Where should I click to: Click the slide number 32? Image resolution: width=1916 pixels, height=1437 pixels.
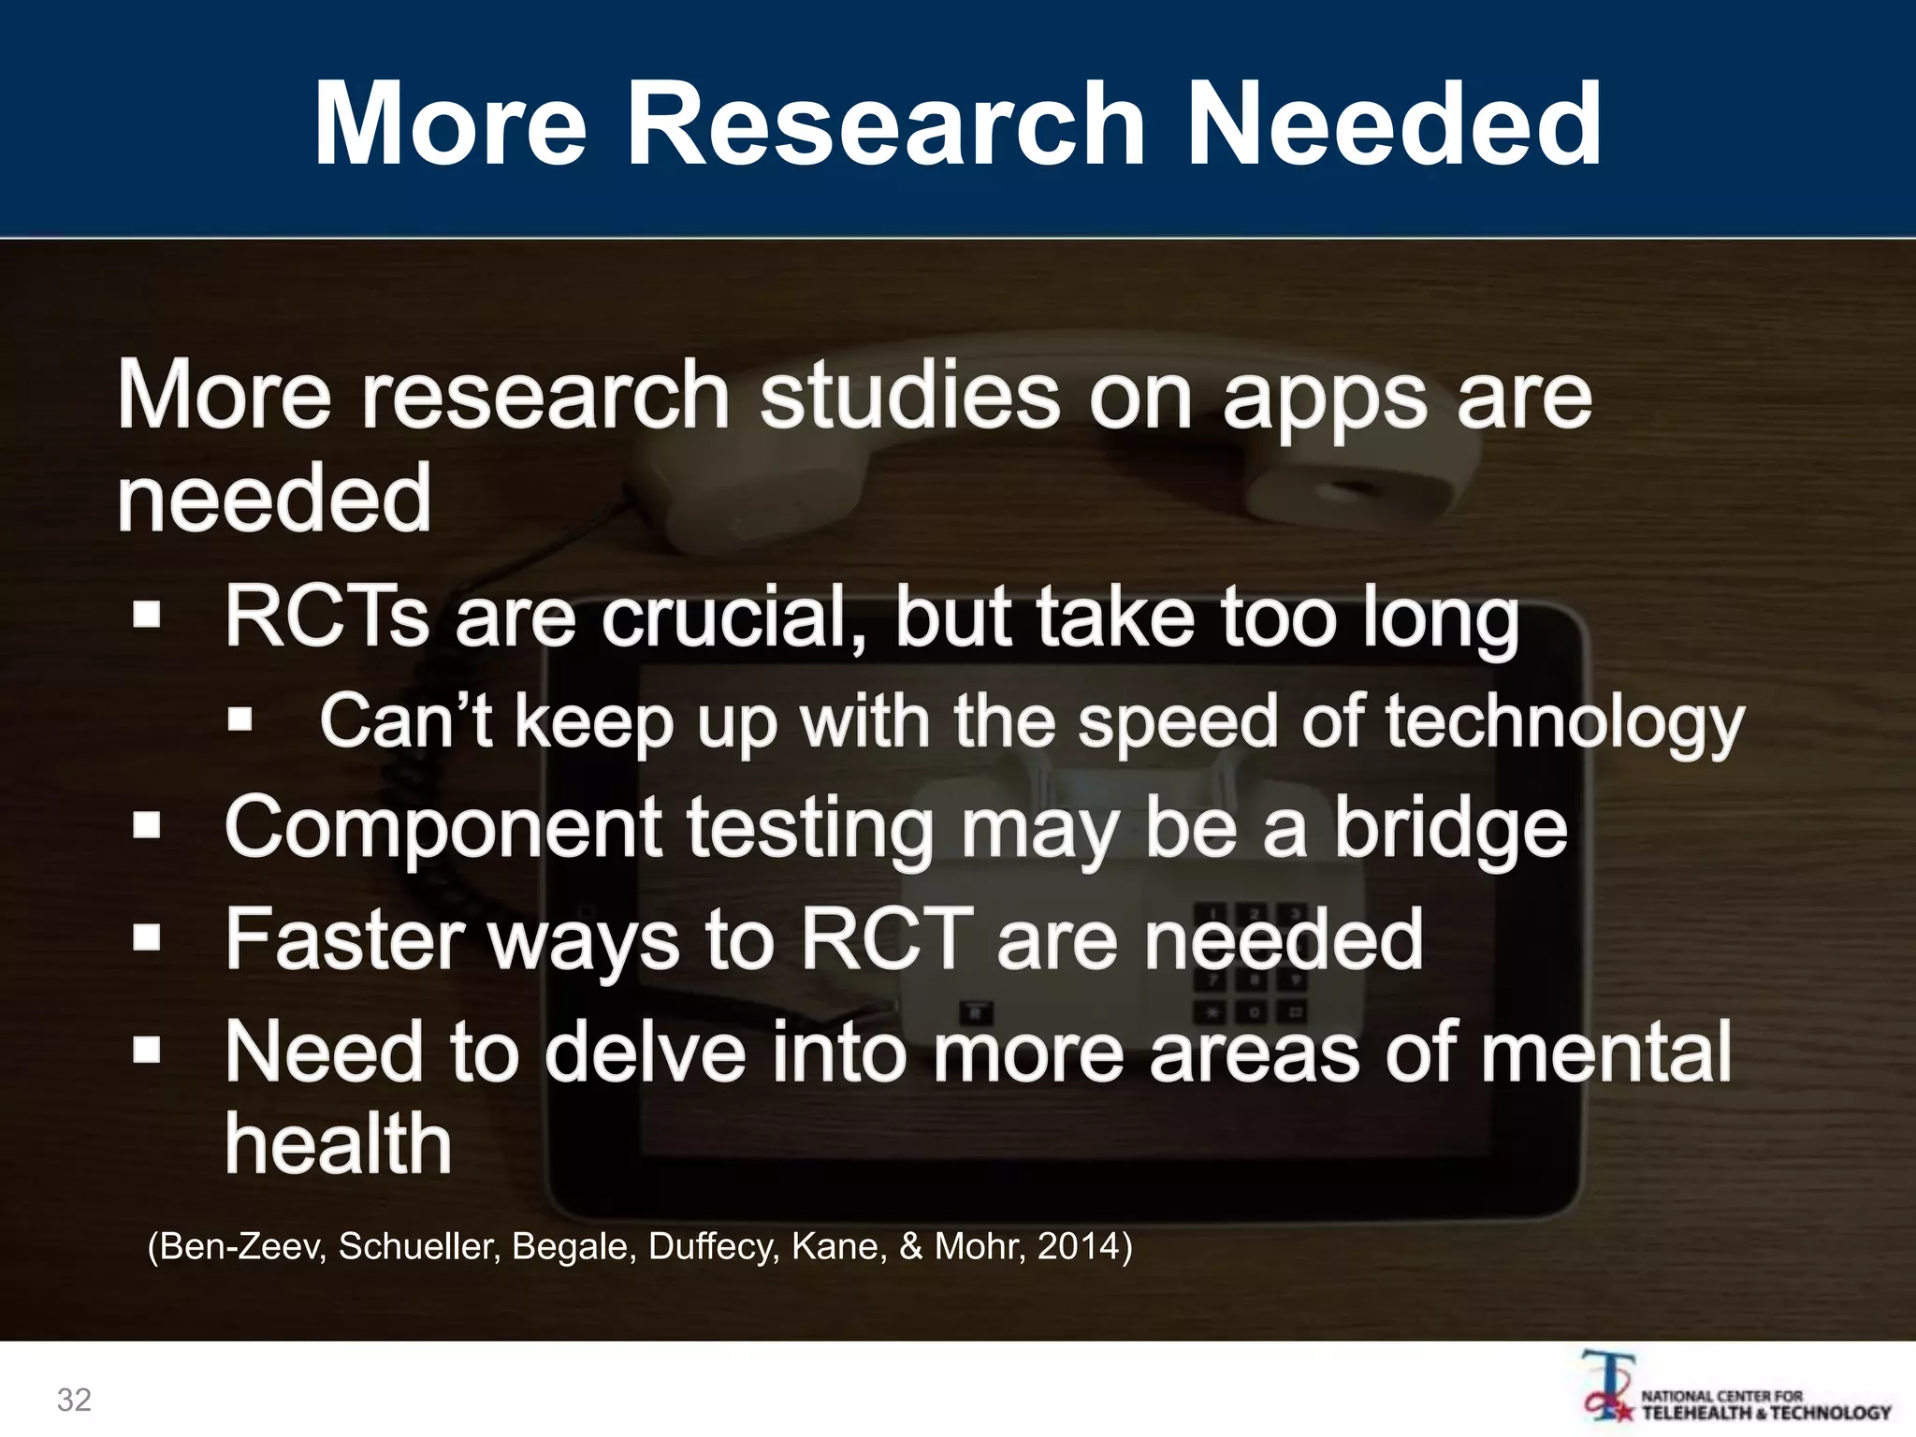pyautogui.click(x=74, y=1400)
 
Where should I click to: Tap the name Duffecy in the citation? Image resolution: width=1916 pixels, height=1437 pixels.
pyautogui.click(x=713, y=1246)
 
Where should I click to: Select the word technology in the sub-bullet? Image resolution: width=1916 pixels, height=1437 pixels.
pyautogui.click(x=1564, y=722)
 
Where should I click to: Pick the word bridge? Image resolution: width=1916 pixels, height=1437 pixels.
pyautogui.click(x=1450, y=829)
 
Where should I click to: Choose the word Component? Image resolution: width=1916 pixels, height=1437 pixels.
pyautogui.click(x=443, y=829)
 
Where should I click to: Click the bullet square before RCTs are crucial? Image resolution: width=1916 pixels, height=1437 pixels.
pyautogui.click(x=147, y=616)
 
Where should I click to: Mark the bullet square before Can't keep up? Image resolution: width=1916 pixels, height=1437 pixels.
pyautogui.click(x=240, y=719)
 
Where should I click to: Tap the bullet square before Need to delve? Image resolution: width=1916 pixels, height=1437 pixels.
pyautogui.click(x=147, y=1050)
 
